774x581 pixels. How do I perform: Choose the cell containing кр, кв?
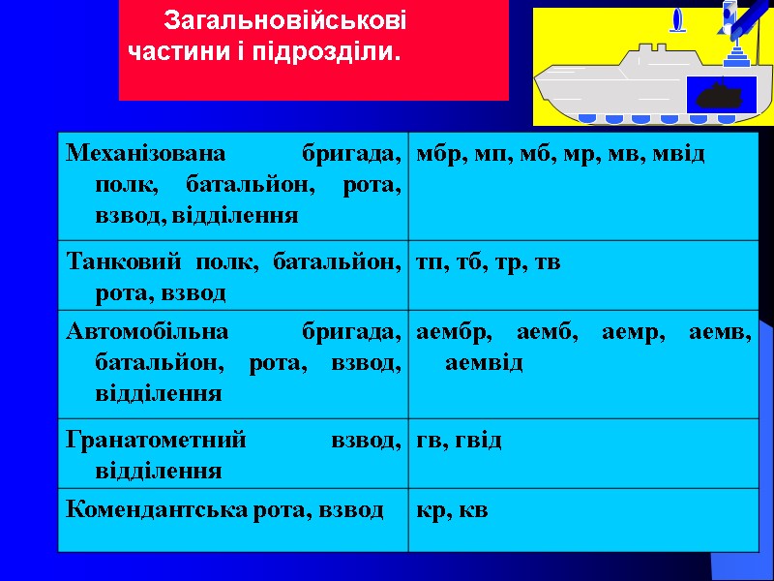click(583, 518)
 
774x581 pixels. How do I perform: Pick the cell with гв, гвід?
click(583, 452)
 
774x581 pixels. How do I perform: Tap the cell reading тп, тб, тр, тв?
click(583, 274)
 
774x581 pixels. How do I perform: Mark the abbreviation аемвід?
click(484, 363)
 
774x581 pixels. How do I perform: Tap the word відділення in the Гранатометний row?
click(160, 472)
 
